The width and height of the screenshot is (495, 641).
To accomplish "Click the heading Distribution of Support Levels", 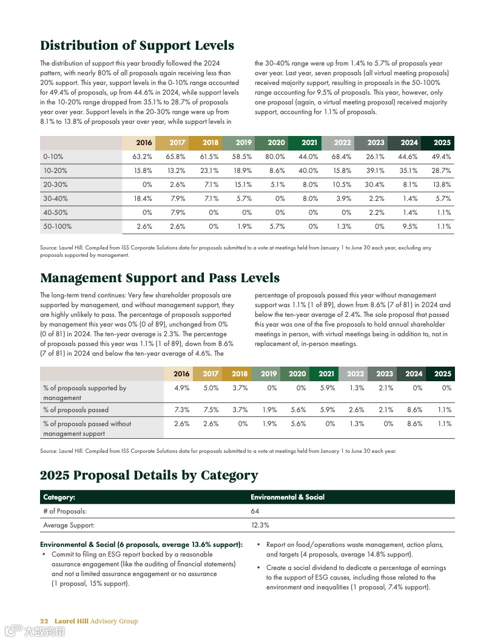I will click(137, 46).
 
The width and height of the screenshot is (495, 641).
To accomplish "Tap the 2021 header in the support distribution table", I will click(309, 143).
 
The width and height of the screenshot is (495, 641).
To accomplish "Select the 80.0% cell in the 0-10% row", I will click(276, 157).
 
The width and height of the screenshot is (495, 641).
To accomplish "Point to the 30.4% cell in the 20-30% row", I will click(375, 185).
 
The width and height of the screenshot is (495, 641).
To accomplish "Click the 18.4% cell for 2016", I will click(143, 198).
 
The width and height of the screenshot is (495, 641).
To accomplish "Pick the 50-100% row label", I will click(57, 226).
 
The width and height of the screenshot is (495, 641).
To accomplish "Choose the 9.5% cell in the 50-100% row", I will click(410, 226).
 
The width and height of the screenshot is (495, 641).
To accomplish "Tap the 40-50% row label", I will click(55, 212).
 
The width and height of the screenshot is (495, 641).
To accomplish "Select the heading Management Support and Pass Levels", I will click(160, 278).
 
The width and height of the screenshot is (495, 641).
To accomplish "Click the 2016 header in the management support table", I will click(181, 374).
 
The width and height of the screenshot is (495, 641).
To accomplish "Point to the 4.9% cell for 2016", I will click(181, 388).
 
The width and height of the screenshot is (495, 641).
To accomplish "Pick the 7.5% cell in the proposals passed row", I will click(210, 410).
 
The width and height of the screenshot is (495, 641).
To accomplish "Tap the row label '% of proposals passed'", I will click(76, 410).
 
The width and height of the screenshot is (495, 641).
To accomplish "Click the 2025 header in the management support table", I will click(442, 374).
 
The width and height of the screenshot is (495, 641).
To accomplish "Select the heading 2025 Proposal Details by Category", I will click(149, 475).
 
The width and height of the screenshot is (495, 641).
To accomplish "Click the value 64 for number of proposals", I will click(255, 511).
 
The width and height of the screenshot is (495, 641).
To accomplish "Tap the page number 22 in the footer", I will click(44, 621).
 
